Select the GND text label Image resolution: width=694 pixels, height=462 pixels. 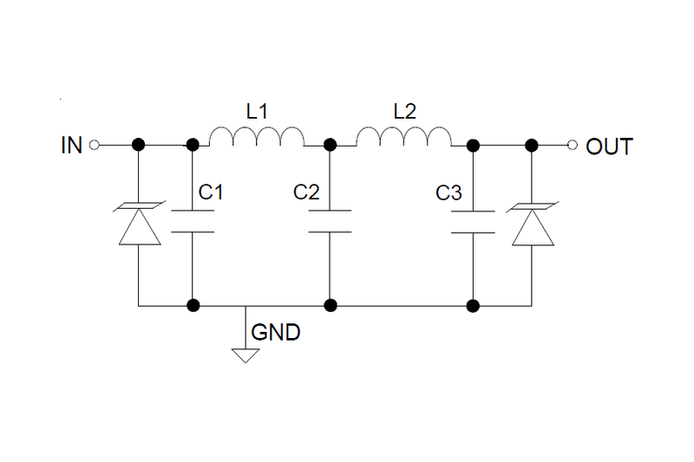[x=276, y=333]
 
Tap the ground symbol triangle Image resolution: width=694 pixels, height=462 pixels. [x=246, y=354]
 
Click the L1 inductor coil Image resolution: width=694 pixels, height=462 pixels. [x=256, y=138]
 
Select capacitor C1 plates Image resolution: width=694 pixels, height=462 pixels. [x=192, y=220]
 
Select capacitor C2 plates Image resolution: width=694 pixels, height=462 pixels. [x=330, y=220]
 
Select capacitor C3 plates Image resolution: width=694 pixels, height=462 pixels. [x=473, y=220]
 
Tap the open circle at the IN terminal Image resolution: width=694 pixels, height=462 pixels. [x=95, y=146]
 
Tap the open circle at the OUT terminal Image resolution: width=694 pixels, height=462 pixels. [x=572, y=146]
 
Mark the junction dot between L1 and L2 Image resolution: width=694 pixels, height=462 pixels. [x=330, y=146]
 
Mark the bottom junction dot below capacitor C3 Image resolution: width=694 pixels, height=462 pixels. [x=473, y=305]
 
